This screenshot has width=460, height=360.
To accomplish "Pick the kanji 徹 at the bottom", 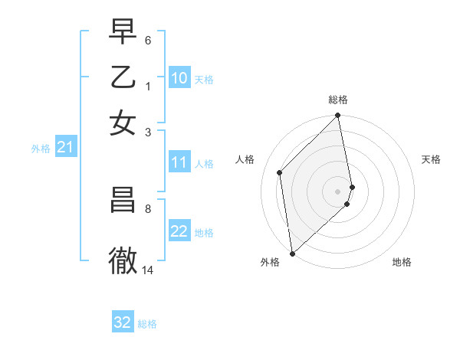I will [x=123, y=260].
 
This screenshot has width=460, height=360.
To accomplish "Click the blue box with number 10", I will [x=179, y=78].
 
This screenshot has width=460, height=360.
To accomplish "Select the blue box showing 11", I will [x=179, y=162].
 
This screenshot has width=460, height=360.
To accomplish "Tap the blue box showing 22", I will [x=179, y=232].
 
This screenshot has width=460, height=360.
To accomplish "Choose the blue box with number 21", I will [x=65, y=148].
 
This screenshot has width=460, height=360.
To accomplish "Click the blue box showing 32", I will [x=123, y=322].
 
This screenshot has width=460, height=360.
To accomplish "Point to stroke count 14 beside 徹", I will [x=148, y=270].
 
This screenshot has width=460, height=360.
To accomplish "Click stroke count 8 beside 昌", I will [x=148, y=208].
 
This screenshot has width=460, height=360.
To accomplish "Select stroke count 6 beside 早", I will [x=148, y=39].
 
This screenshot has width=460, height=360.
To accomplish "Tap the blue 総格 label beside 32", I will [x=147, y=324].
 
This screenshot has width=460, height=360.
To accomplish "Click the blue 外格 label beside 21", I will [x=41, y=149].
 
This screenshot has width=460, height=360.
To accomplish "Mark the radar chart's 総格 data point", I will [x=338, y=116].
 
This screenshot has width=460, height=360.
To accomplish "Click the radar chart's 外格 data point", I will [x=292, y=253].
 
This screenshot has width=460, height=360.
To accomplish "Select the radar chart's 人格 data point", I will [x=280, y=172].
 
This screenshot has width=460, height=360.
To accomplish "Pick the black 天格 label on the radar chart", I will [x=431, y=159].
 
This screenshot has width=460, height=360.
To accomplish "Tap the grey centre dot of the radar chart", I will [x=338, y=191].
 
